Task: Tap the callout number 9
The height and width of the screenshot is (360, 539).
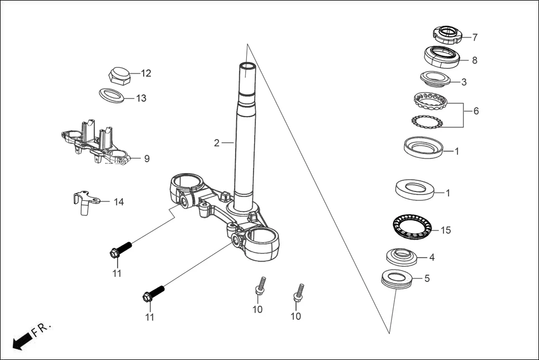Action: [147, 159]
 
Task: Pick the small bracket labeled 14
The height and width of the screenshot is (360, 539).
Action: [85, 201]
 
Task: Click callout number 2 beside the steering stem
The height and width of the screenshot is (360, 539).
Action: [217, 143]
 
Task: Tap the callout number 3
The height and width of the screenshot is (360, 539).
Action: [464, 82]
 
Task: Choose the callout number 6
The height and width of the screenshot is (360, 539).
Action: [476, 111]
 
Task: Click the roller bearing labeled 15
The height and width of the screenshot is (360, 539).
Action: [412, 226]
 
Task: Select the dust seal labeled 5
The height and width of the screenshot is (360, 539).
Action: [397, 277]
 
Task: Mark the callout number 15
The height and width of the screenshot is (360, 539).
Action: [445, 230]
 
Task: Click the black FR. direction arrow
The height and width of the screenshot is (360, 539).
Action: [21, 339]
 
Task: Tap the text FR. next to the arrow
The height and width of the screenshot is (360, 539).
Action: [42, 329]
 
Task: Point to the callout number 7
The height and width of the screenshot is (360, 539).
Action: [475, 38]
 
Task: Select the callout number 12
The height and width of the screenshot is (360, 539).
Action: [146, 73]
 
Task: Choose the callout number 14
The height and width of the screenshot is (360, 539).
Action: [119, 201]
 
